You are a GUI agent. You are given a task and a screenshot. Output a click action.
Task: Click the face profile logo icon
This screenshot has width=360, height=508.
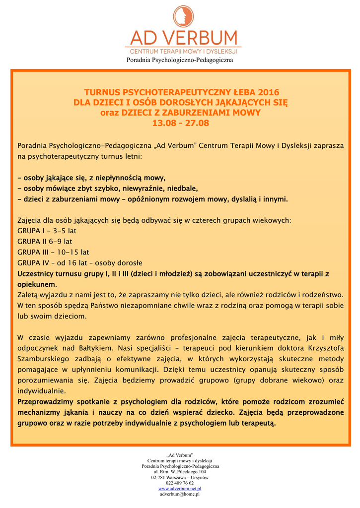point(180,16)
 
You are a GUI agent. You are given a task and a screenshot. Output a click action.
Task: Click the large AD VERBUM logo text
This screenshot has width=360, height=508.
point(183,38)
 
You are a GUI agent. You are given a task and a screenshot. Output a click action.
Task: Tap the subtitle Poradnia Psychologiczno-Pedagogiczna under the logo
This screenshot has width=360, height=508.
point(180,60)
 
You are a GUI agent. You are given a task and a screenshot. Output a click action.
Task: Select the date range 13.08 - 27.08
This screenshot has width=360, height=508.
point(180,123)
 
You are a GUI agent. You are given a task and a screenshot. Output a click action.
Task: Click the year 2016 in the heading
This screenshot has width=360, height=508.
point(268,92)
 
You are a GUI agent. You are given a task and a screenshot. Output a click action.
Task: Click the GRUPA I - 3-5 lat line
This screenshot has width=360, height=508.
point(47,231)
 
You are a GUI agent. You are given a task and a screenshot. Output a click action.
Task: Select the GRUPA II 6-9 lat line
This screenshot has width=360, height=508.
point(45,241)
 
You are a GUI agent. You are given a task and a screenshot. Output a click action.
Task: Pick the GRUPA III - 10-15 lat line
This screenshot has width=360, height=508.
point(53,252)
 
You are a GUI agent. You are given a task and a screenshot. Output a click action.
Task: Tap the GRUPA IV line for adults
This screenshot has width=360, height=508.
point(80,262)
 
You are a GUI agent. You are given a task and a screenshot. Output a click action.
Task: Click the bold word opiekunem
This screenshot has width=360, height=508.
point(37,284)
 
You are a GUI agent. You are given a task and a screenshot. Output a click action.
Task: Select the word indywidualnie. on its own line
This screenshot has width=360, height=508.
point(42,391)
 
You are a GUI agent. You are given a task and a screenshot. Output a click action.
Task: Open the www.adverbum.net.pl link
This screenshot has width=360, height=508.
point(180,489)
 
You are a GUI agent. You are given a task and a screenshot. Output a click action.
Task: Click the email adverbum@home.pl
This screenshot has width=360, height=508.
point(180,494)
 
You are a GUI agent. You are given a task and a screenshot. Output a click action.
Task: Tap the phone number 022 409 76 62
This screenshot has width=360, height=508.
point(180,483)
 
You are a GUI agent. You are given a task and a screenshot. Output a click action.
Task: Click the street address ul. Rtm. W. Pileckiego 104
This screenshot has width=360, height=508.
point(180,472)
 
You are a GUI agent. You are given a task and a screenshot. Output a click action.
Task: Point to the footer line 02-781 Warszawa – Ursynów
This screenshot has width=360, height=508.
point(180,477)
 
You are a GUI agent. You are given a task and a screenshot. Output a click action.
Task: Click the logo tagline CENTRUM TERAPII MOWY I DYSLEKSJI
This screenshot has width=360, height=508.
point(183,51)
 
